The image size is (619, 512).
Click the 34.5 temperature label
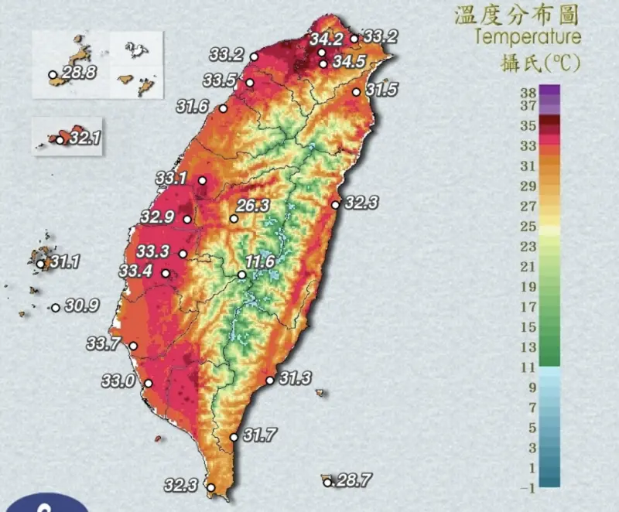pos(348,62)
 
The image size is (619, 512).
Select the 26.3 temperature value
pos(253,206)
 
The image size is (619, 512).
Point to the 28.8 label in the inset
pos(79,73)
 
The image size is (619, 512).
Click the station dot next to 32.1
pos(60,140)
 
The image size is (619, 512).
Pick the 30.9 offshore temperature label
pos(81,306)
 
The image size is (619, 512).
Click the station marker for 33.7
pos(133,346)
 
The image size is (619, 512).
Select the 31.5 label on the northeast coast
pos(381,90)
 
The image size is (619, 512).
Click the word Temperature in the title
pos(527,36)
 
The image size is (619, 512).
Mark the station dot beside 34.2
pos(322,53)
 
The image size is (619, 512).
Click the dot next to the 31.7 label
pos(234,438)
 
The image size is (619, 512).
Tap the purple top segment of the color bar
pos(549,92)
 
